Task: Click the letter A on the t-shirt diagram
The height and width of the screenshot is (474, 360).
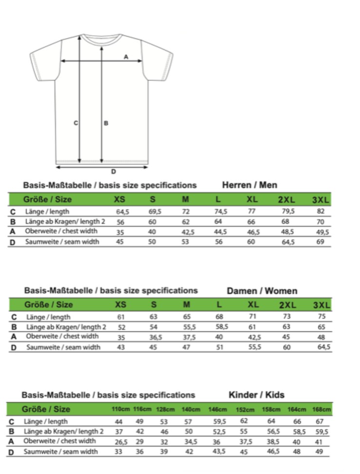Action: point(126,57)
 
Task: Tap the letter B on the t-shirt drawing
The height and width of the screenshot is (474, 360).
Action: point(106,123)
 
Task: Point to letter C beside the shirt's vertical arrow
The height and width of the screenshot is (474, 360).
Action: point(76,123)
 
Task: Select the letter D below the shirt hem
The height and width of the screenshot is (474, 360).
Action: point(114,171)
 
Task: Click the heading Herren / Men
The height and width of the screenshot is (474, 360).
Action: point(249,185)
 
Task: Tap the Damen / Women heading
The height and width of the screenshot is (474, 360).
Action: point(262,291)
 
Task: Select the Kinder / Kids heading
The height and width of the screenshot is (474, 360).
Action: point(256,395)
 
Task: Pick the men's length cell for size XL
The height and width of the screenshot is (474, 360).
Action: point(251,211)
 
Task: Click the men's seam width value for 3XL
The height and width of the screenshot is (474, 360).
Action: point(320,242)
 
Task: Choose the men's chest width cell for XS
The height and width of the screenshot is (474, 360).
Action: point(120,232)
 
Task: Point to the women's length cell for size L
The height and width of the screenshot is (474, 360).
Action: point(220,317)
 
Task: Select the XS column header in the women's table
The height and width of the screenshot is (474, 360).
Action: point(120,305)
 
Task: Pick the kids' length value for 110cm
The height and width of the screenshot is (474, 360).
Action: point(118,421)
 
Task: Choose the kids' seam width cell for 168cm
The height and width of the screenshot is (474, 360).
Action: point(319,452)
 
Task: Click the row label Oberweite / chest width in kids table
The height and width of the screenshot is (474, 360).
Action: point(60,441)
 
